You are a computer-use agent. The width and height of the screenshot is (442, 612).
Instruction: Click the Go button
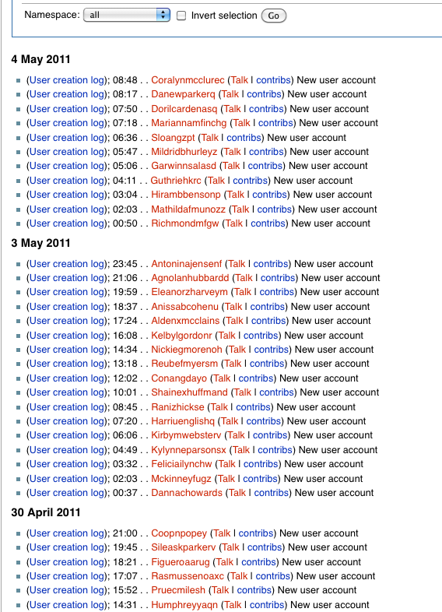(273, 16)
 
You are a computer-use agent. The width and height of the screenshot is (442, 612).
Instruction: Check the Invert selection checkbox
(181, 16)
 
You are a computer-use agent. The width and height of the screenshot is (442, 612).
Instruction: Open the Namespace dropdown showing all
(127, 16)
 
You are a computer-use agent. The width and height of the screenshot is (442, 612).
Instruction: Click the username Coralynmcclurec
(188, 80)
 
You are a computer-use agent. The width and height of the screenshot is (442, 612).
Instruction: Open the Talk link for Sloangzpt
(209, 138)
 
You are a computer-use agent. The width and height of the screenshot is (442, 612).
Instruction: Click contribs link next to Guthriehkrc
(251, 181)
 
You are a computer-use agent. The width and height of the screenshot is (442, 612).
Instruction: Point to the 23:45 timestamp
(125, 264)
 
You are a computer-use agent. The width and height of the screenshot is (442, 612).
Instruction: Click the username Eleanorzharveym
(189, 293)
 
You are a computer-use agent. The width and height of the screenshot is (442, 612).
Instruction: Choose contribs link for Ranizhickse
(253, 407)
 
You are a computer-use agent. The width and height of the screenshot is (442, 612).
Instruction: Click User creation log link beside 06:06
(68, 436)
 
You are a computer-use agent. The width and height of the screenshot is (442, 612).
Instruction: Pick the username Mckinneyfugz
(181, 479)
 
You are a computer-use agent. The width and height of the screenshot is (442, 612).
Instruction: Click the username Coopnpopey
(179, 534)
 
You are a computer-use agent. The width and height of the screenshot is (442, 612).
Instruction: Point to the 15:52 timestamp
(125, 591)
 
